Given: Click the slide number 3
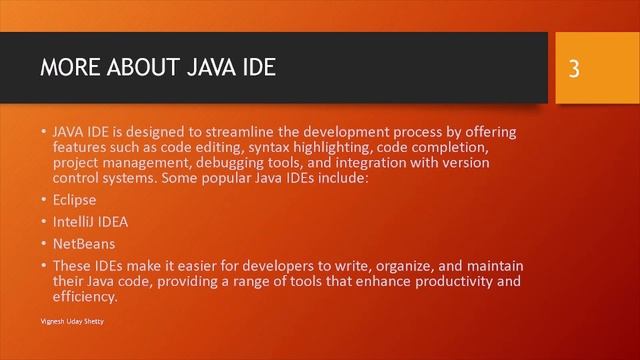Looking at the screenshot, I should click(x=574, y=68).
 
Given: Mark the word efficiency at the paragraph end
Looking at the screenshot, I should click(x=85, y=296).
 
